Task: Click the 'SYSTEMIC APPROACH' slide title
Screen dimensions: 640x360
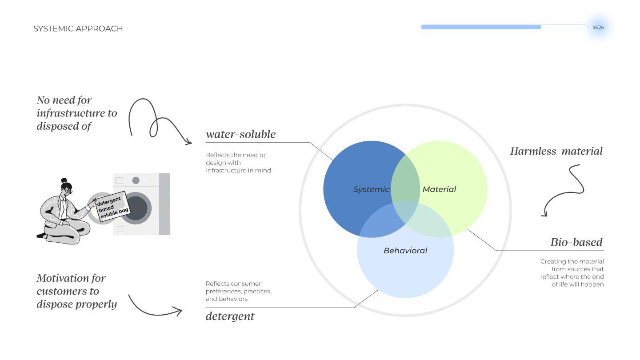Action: (78, 28)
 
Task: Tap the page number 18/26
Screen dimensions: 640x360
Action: (598, 28)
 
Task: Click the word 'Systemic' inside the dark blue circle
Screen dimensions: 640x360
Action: (371, 189)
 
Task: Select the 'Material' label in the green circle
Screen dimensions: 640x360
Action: (439, 189)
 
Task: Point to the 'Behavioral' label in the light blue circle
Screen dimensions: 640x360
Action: (405, 251)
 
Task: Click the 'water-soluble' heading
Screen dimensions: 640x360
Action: (240, 134)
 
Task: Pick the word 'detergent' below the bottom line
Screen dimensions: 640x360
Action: (230, 316)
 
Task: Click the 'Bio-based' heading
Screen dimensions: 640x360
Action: (576, 242)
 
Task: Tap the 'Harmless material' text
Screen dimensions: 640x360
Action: (556, 151)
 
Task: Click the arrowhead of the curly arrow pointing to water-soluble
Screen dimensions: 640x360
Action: (188, 142)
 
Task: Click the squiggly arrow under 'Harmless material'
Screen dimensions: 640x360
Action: (569, 189)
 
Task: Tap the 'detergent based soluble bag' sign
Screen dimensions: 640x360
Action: (113, 207)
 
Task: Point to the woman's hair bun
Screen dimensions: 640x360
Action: (64, 180)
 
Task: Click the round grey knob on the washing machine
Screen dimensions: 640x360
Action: (136, 180)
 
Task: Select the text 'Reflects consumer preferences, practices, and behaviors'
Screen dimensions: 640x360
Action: (238, 291)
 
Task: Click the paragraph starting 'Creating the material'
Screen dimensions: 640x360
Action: (572, 273)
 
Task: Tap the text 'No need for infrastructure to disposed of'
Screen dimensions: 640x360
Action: (76, 113)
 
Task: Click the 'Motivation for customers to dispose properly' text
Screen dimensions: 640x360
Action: (76, 291)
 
